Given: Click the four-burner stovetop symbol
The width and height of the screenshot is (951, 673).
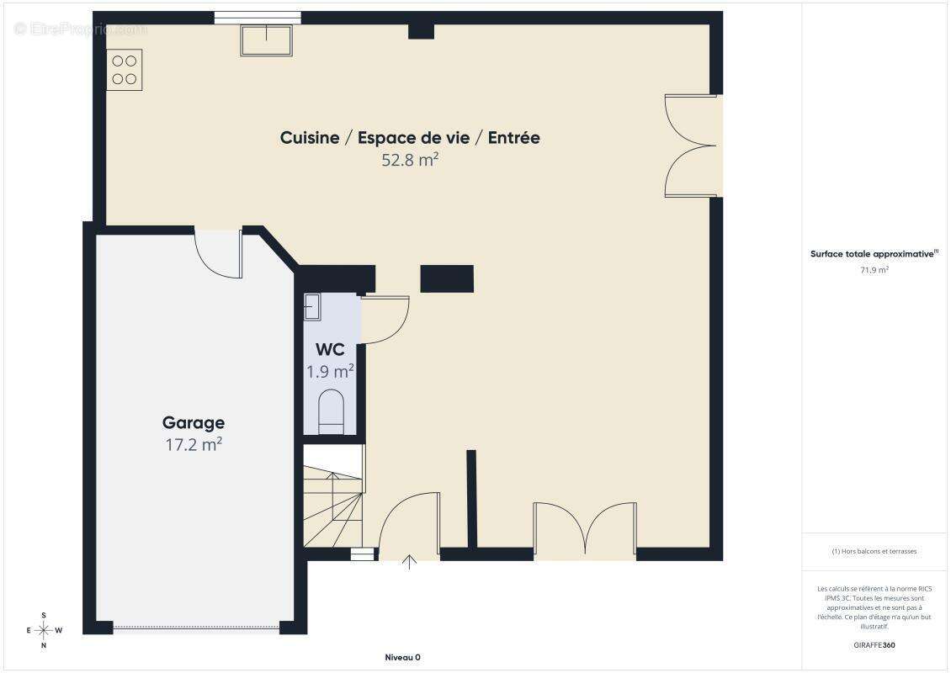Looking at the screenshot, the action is (x=125, y=70).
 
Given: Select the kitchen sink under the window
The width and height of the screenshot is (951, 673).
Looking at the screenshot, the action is (x=266, y=40).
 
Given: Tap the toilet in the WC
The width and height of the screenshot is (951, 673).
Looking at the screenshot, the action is (x=331, y=411).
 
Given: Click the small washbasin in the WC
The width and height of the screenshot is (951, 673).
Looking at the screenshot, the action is (x=311, y=307).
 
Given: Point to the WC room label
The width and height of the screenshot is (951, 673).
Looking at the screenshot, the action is (x=330, y=350).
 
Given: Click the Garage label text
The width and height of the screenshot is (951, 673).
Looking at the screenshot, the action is (x=194, y=422).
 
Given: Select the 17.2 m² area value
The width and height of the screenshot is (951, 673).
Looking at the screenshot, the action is (x=194, y=444).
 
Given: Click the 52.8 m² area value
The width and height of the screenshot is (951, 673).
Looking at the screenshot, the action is (x=410, y=160).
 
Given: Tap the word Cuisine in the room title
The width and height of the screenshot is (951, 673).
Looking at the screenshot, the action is (x=310, y=138).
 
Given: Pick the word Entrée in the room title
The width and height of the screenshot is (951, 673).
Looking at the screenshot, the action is (x=513, y=138).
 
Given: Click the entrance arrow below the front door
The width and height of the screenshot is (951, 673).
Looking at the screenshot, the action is (x=410, y=562).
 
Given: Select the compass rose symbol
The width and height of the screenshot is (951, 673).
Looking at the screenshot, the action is (x=44, y=631).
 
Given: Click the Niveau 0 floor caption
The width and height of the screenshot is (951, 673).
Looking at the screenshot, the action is (x=403, y=657).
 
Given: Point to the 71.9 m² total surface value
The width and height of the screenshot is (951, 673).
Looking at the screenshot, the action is (x=874, y=270).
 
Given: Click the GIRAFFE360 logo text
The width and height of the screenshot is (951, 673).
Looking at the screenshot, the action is (x=874, y=645).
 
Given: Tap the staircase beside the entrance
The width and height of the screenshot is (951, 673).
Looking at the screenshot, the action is (x=333, y=496).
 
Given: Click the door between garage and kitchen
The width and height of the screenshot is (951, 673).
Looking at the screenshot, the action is (x=219, y=254).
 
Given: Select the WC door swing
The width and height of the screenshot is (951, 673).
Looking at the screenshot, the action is (x=385, y=321).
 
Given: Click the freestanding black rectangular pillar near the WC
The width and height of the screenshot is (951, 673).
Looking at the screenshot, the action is (x=447, y=279).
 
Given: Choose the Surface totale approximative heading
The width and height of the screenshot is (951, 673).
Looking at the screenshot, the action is (x=874, y=254).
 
